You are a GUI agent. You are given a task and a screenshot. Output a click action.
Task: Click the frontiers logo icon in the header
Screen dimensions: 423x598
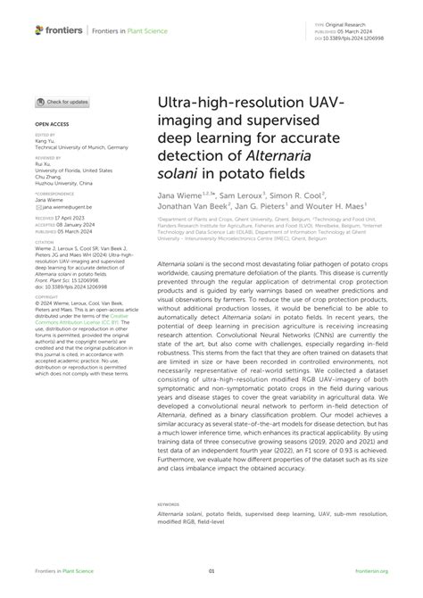pyautogui.click(x=39, y=29)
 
